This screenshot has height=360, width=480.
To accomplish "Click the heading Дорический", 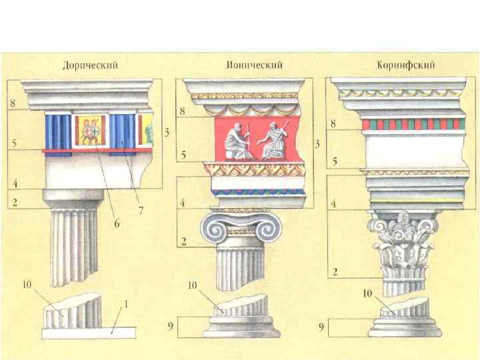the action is (91, 65).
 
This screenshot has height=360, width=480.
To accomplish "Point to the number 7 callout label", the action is (141, 211).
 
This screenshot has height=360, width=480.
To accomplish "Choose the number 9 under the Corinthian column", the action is (321, 327).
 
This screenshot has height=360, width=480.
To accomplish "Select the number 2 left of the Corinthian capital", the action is (337, 271).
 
